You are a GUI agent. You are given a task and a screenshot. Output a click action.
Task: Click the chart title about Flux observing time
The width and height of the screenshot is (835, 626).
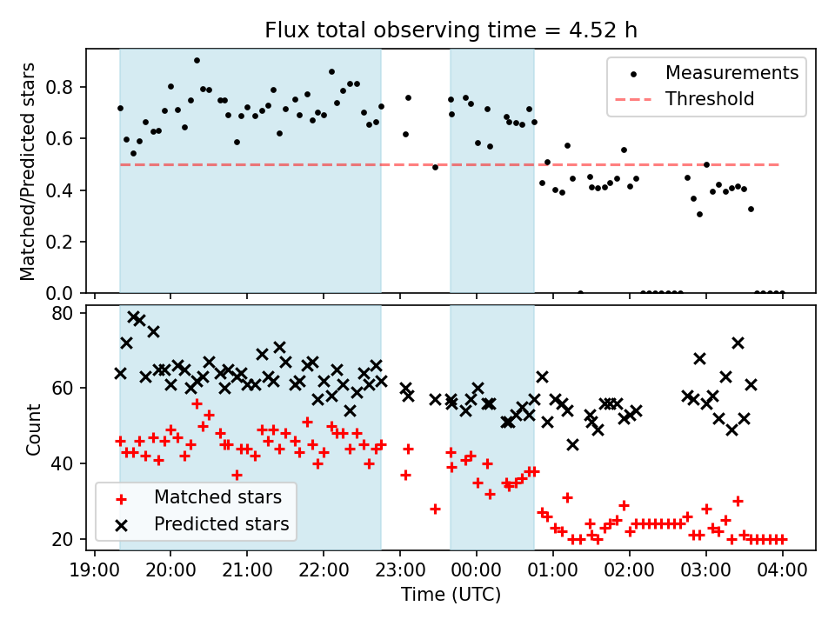pyautogui.click(x=451, y=30)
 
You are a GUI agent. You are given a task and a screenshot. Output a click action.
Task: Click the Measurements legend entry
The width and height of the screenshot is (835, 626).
pyautogui.click(x=731, y=73)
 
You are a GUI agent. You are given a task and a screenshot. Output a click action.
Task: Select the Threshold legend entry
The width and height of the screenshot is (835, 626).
pyautogui.click(x=710, y=99)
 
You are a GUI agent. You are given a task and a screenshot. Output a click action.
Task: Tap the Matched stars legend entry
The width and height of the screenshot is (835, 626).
pyautogui.click(x=217, y=498)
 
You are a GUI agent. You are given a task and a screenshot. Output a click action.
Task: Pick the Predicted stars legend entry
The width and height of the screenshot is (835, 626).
pyautogui.click(x=221, y=524)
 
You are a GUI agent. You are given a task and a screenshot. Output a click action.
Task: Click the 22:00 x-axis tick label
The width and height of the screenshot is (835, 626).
pyautogui.click(x=324, y=572)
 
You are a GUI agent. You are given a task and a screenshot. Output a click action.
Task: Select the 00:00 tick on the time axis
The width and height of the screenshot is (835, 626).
pyautogui.click(x=477, y=572)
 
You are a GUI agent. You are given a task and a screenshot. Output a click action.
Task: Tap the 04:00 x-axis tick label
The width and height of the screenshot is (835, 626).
pyautogui.click(x=783, y=572)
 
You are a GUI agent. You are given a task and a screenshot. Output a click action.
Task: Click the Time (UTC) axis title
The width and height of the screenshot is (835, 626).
pyautogui.click(x=451, y=596)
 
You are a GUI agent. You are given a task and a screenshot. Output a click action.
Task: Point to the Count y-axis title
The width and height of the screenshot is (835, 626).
pyautogui.click(x=34, y=429)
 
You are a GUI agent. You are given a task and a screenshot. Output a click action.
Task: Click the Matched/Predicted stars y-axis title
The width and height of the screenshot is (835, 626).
pyautogui.click(x=28, y=171)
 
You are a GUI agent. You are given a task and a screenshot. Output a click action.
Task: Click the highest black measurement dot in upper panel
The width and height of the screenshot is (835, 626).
pyautogui.click(x=197, y=61)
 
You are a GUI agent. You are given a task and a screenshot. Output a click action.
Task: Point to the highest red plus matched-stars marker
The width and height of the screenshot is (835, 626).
pyautogui.click(x=197, y=403)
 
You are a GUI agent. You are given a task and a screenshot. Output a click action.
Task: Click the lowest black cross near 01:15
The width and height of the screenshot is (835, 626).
pyautogui.click(x=572, y=444)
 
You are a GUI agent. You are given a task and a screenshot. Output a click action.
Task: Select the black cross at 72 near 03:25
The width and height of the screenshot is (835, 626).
pyautogui.click(x=738, y=343)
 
